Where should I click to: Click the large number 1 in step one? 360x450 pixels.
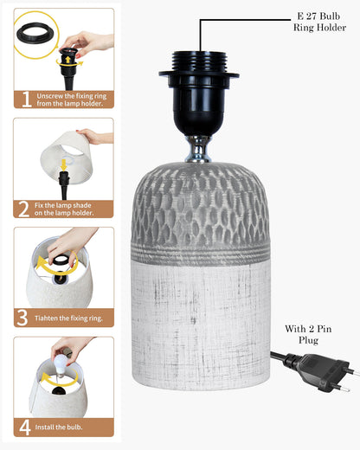click(x=26, y=100)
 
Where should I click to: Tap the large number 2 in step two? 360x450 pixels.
click(x=23, y=209)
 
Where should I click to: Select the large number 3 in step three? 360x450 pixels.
click(x=22, y=318)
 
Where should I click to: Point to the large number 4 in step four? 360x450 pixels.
click(x=25, y=427)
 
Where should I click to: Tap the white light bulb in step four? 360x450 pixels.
click(x=61, y=364)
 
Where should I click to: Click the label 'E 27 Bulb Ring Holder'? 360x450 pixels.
click(x=319, y=22)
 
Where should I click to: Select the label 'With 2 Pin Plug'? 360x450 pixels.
click(x=308, y=334)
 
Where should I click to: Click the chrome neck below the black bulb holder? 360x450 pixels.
click(x=198, y=149)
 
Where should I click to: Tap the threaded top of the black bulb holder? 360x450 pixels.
click(x=199, y=61)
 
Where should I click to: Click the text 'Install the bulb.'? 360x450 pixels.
click(x=59, y=427)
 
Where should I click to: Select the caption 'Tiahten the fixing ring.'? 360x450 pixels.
click(x=68, y=318)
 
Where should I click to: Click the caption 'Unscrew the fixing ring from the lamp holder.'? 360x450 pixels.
click(x=72, y=100)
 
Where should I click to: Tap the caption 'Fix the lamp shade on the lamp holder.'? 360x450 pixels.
click(x=64, y=209)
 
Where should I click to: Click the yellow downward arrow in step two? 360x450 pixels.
click(x=64, y=164)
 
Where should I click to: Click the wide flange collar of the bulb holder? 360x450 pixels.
click(x=199, y=75)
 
